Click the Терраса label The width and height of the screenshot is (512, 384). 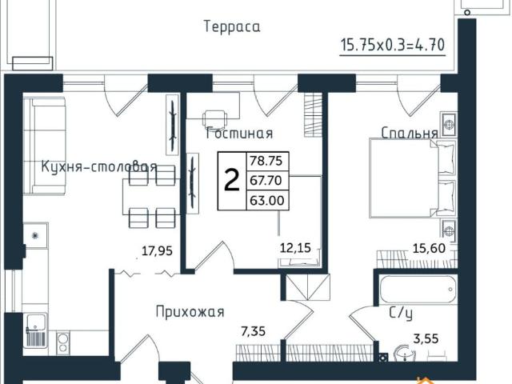(232, 27)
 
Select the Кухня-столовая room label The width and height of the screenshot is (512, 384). (98, 167)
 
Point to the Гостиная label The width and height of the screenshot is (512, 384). (239, 134)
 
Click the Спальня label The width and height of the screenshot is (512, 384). (408, 133)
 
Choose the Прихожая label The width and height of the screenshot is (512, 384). (190, 311)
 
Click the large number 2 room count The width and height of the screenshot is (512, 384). (231, 181)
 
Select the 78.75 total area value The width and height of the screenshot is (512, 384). (266, 161)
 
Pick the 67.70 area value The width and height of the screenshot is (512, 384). (266, 181)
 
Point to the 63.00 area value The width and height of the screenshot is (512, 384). (266, 201)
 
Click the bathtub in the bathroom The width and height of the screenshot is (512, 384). (416, 286)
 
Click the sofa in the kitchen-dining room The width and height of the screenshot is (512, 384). (38, 146)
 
